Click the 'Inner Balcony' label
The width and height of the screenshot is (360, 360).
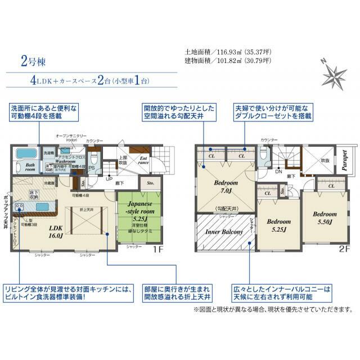(x=223, y=231)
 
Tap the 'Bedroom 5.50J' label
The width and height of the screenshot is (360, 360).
(x=325, y=218)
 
